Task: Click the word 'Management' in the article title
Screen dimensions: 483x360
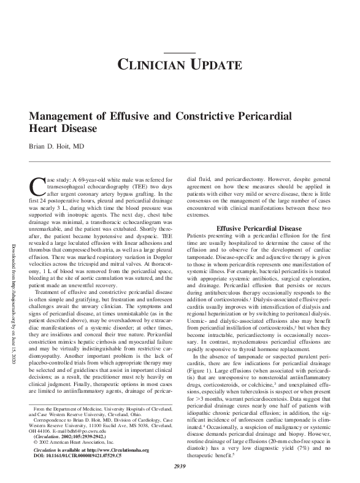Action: (x=63, y=117)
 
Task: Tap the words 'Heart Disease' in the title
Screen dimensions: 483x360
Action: (x=63, y=129)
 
